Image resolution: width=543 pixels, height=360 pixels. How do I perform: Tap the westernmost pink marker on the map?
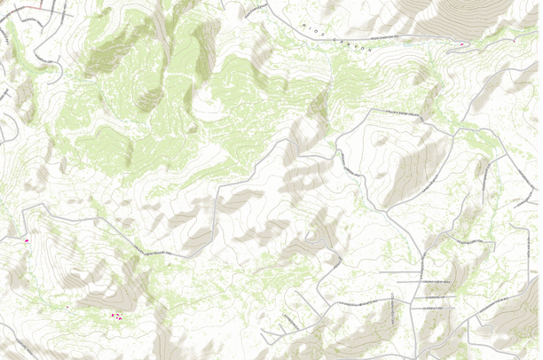(x=27, y=240)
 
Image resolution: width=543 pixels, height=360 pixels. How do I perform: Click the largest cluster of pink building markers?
(x=115, y=316)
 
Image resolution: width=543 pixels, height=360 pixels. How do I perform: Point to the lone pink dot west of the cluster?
(x=67, y=307)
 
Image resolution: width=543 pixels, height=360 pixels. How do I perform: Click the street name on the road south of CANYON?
(x=409, y=113)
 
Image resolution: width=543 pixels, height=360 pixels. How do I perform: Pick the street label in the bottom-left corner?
(x=18, y=346)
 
